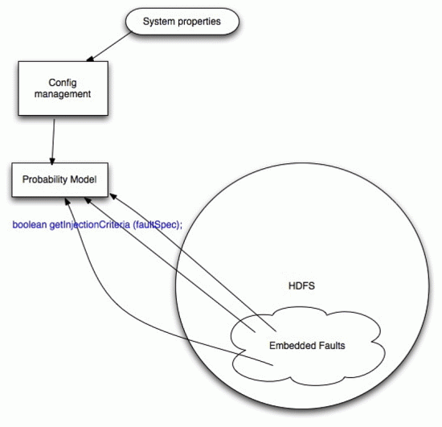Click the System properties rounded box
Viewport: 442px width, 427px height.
182,22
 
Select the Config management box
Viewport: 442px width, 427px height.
63,88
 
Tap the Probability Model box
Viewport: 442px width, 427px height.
59,179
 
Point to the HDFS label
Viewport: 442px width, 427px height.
301,286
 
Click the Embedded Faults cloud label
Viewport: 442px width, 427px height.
307,346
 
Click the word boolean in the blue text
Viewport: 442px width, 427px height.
30,224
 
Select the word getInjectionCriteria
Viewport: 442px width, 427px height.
90,225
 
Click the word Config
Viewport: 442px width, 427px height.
63,83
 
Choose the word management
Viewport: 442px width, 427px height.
63,94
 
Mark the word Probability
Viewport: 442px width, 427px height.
45,179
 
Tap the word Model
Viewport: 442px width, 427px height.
84,179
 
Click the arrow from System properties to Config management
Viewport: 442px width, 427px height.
108,47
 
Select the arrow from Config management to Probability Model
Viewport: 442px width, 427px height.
53,142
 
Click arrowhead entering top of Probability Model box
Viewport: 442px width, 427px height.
52,162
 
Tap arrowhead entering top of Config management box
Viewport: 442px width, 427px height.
90,59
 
